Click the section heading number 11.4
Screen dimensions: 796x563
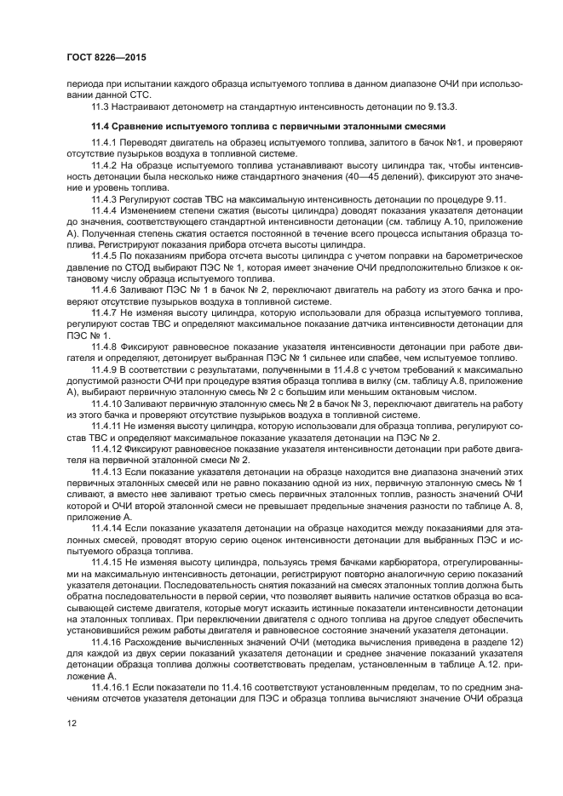point(101,126)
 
